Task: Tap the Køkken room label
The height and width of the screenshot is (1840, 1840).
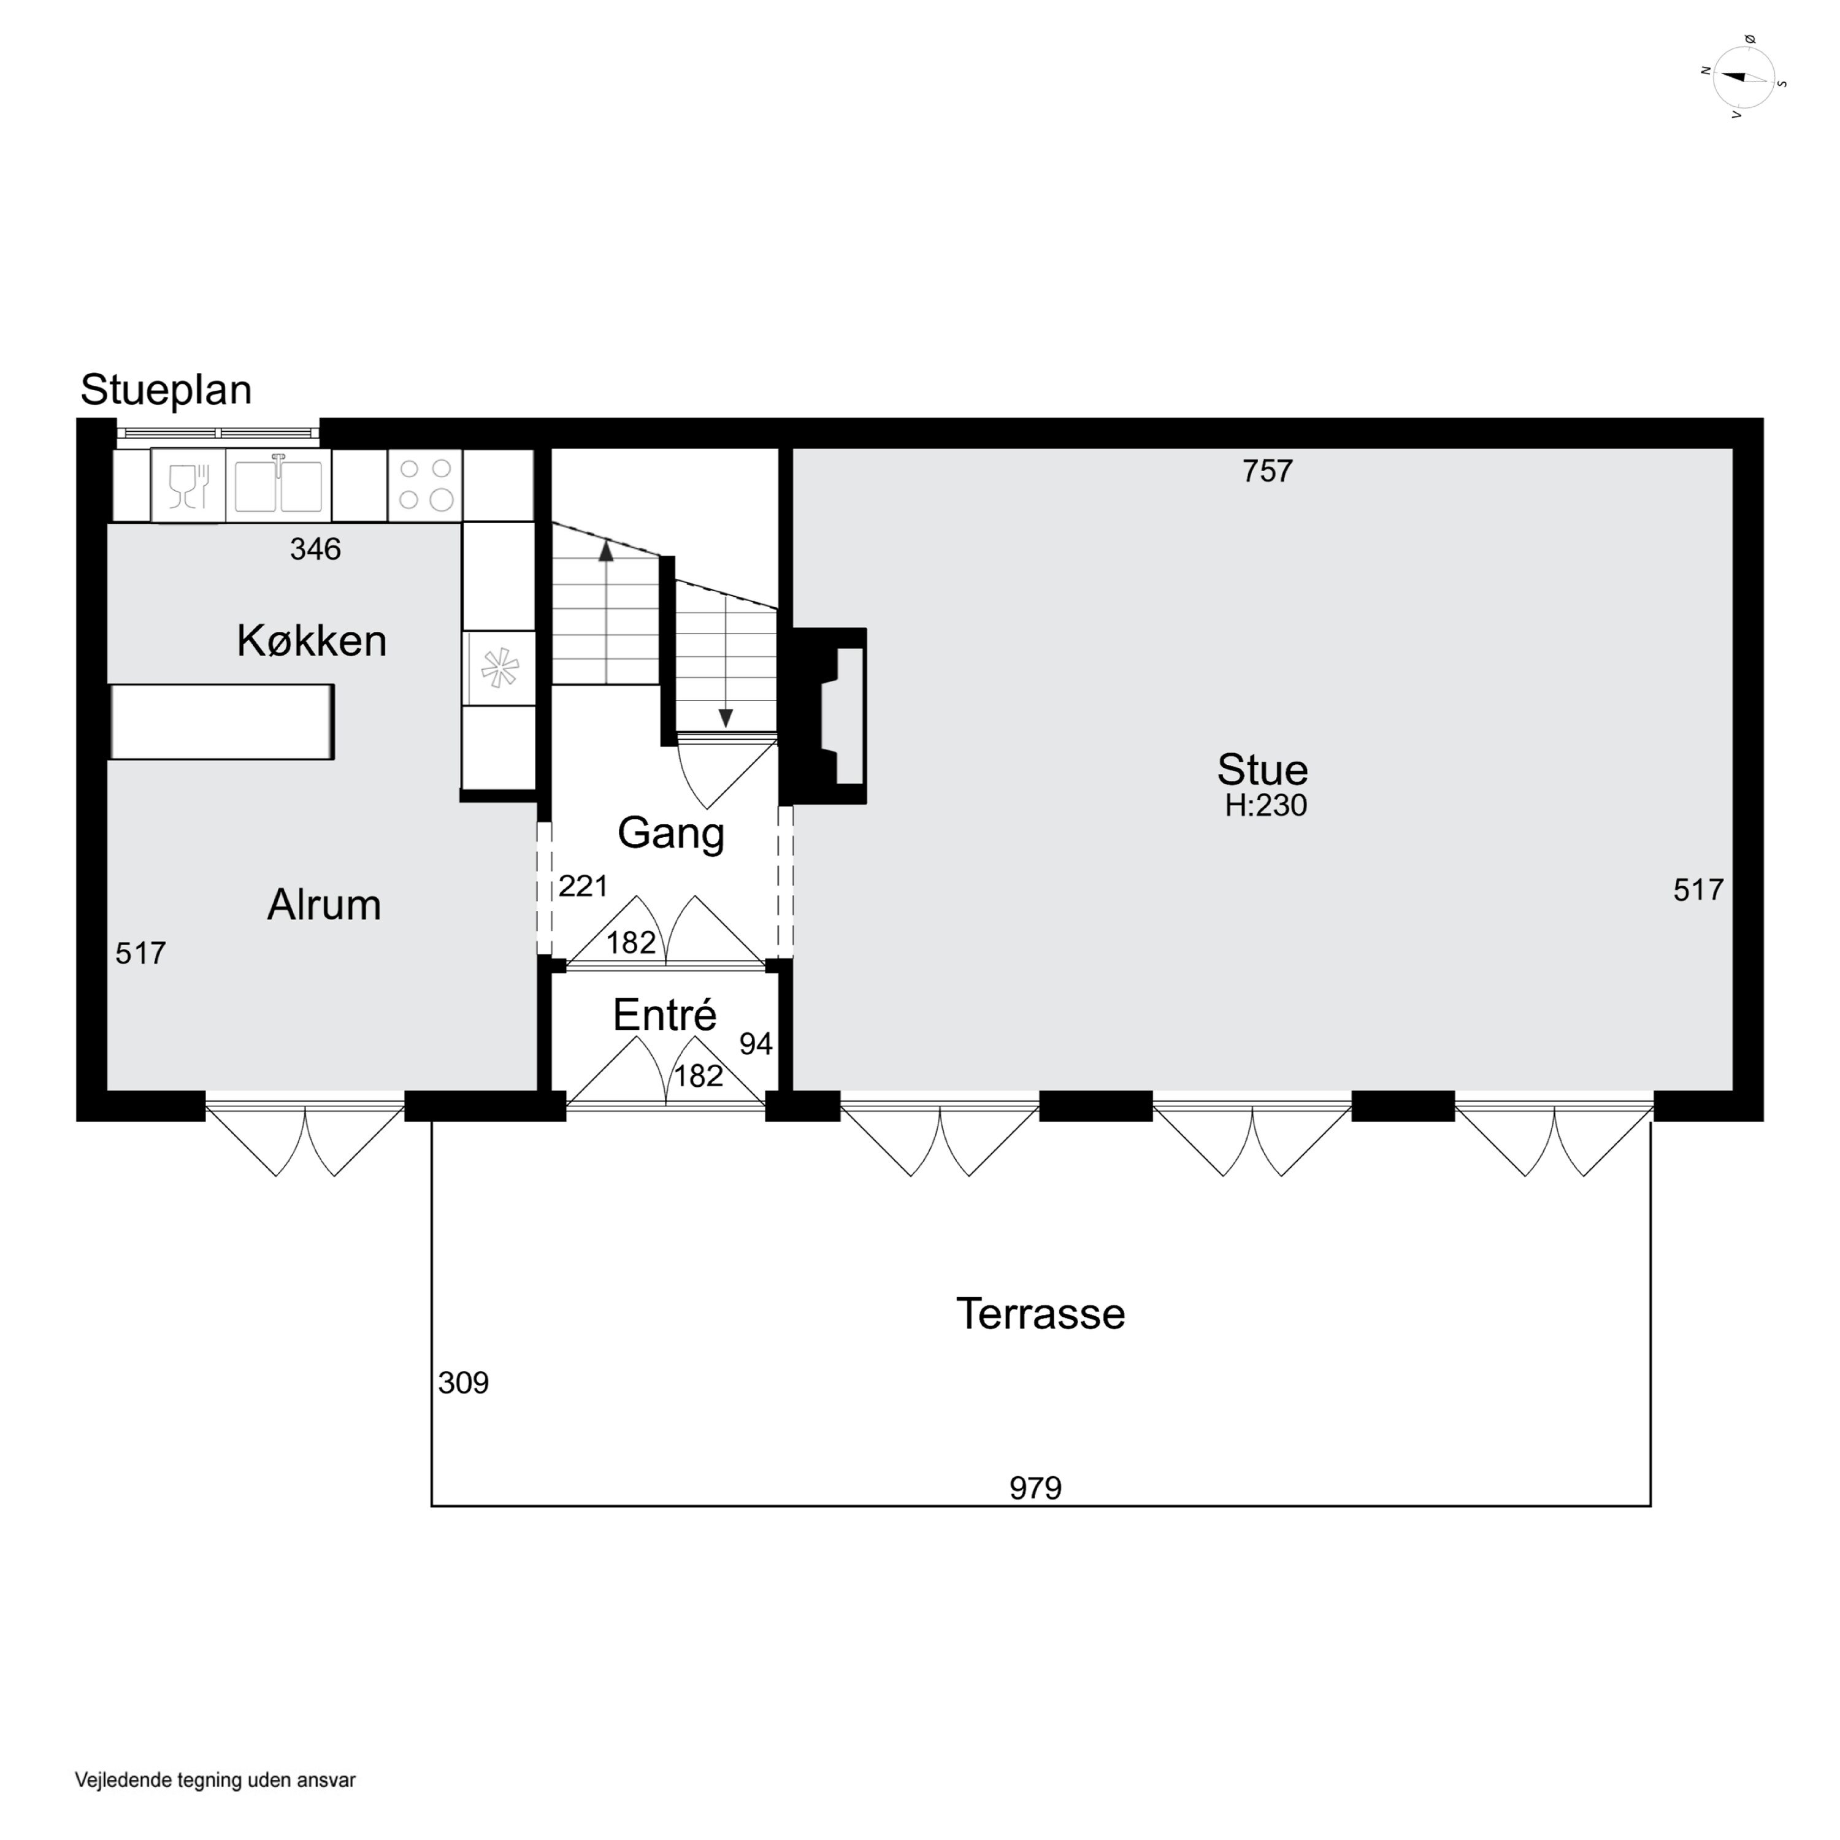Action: tap(312, 641)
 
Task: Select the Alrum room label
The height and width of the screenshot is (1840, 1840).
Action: tap(324, 905)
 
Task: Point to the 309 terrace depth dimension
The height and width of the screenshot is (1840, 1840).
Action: tap(463, 1383)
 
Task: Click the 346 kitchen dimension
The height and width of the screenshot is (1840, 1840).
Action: tap(315, 550)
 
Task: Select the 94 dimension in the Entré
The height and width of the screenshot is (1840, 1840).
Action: tap(755, 1045)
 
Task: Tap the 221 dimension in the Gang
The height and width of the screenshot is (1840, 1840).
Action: tap(583, 887)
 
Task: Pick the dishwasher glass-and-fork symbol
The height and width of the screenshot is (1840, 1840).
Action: tap(188, 486)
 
